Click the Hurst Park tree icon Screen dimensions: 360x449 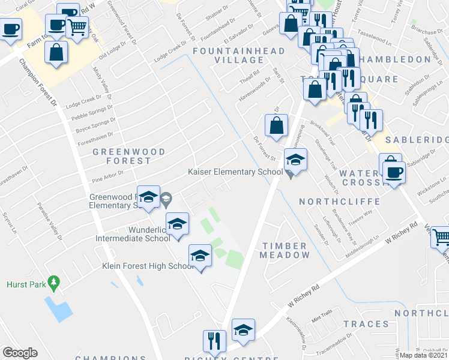(54, 281)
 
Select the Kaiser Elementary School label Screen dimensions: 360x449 (235, 172)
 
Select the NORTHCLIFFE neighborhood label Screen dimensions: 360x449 (339, 201)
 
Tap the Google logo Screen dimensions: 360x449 (20, 353)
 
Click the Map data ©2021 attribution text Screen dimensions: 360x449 (424, 355)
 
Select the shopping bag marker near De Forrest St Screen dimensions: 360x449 (276, 127)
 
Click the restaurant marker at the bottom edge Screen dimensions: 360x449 (214, 341)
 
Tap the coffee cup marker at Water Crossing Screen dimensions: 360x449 (394, 172)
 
